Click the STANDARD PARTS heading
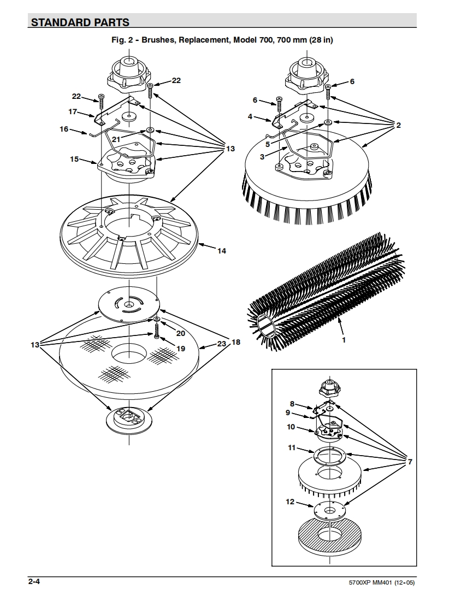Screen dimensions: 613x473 (80, 22)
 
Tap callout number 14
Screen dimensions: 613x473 (222, 251)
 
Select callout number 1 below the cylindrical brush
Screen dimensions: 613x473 (344, 339)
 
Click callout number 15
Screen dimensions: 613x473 (74, 159)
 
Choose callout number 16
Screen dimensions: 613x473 (64, 129)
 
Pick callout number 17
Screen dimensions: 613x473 (73, 111)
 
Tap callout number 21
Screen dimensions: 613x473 (116, 139)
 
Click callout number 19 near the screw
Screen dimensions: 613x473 (180, 348)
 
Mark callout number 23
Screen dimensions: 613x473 (222, 344)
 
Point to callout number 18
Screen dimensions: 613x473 (235, 342)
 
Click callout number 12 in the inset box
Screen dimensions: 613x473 (290, 502)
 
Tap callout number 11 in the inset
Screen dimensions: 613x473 (292, 447)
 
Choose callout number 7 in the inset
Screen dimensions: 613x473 (410, 462)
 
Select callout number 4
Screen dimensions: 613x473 (250, 116)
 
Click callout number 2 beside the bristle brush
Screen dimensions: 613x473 (398, 125)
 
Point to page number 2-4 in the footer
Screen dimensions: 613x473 (34, 582)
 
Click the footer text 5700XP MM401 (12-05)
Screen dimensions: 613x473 (381, 583)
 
